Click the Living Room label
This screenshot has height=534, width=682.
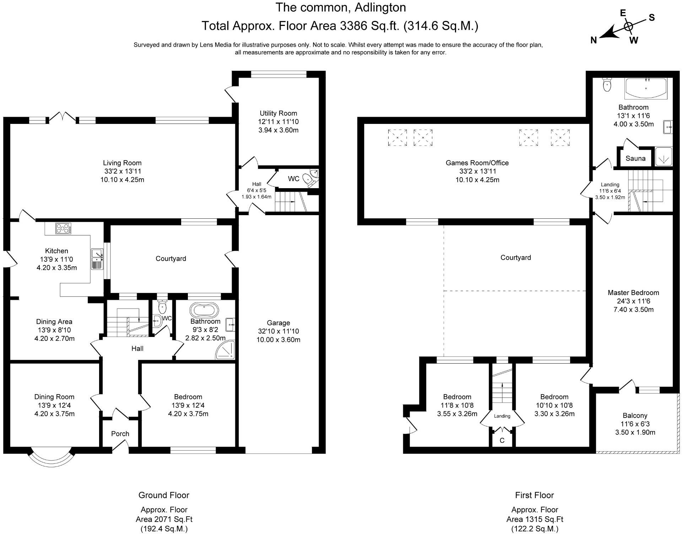[x=122, y=163]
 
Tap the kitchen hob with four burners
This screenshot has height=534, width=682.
[x=63, y=228]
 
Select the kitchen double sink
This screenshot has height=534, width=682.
[x=97, y=259]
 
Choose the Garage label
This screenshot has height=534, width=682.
[x=278, y=323]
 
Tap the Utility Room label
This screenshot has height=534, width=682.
[x=278, y=113]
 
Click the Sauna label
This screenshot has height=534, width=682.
[x=635, y=158]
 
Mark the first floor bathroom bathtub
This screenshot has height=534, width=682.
[x=646, y=88]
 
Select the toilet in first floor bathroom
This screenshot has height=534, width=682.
[x=607, y=85]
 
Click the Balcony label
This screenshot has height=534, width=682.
[x=635, y=415]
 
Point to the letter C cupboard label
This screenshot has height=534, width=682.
[x=502, y=441]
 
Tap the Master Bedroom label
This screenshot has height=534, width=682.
[x=633, y=293]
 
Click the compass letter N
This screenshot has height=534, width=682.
[x=594, y=40]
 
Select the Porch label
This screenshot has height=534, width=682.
[x=120, y=434]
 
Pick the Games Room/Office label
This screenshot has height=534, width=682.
[x=477, y=163]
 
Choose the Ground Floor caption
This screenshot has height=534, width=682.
[x=164, y=495]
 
